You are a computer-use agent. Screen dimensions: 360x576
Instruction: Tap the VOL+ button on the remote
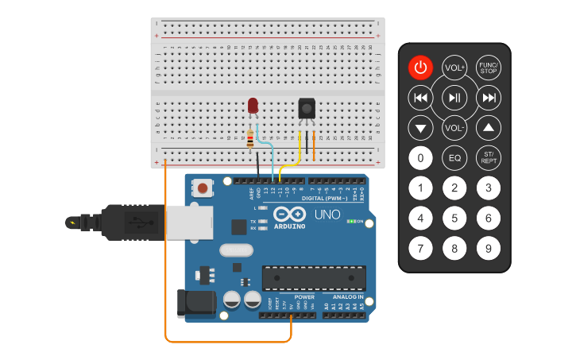point(454,68)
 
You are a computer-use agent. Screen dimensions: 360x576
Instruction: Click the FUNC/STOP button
point(489,68)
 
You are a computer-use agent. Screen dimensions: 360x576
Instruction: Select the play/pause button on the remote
point(454,98)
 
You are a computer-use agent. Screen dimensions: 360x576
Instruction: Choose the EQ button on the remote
point(454,157)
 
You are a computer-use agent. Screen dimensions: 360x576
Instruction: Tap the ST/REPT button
point(489,157)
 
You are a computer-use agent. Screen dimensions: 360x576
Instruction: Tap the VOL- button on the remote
point(454,127)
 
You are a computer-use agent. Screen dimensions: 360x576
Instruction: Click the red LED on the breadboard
point(253,105)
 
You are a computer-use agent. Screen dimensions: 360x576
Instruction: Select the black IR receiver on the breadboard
point(306,108)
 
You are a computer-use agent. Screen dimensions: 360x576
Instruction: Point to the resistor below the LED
point(251,140)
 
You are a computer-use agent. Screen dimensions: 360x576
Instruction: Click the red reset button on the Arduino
point(204,188)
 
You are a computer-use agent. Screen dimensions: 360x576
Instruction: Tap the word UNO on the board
point(327,215)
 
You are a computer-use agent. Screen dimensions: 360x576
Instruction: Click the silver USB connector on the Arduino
point(189,222)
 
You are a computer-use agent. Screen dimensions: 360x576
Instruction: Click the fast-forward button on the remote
point(489,98)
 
